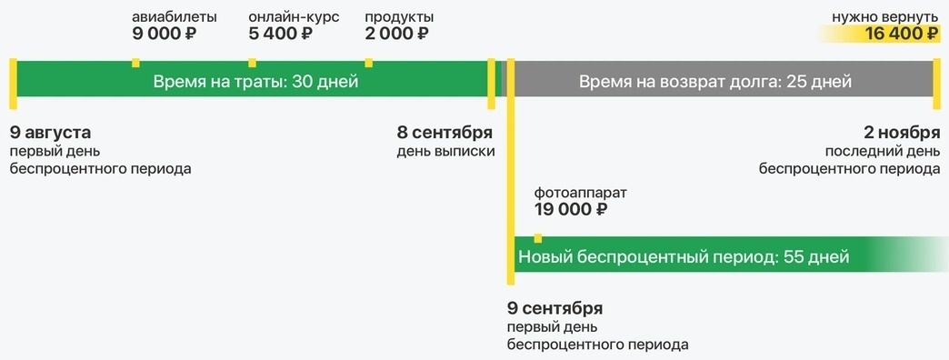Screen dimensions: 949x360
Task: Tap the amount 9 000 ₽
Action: (165, 35)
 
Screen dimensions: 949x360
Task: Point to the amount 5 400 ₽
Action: (280, 35)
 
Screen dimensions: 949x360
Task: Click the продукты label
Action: (399, 17)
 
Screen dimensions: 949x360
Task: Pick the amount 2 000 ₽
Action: (396, 35)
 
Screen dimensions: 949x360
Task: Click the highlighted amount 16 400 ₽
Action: (902, 35)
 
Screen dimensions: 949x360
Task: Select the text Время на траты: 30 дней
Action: (255, 82)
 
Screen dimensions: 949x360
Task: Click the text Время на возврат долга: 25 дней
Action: (715, 82)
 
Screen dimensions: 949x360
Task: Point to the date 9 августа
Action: (51, 133)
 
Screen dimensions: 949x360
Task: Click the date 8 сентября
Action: (445, 133)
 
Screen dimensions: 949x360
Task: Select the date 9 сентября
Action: (554, 308)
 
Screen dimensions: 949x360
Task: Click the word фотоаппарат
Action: (580, 193)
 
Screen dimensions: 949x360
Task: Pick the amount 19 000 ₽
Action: (571, 210)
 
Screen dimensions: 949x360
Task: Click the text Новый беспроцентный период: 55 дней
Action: (684, 257)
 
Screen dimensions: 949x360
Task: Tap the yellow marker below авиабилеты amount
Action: (135, 62)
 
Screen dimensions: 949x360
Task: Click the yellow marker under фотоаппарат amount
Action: (538, 238)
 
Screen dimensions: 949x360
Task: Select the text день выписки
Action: (445, 151)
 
